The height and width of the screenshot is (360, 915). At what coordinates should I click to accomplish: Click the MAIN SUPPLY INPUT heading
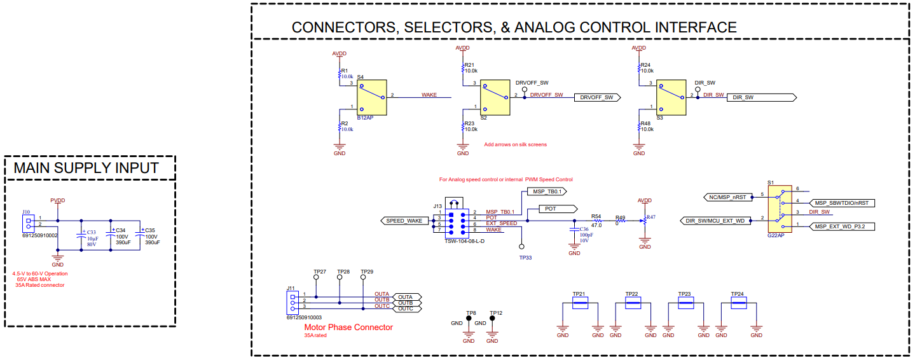click(86, 168)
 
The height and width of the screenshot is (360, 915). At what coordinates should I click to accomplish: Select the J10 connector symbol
click(29, 222)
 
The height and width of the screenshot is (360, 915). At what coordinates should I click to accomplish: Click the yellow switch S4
click(372, 97)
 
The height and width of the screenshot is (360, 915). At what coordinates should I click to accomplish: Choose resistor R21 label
click(469, 65)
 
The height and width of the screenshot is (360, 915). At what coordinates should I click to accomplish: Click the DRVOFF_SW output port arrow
click(596, 97)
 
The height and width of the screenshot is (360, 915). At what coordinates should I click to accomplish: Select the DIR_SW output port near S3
click(760, 97)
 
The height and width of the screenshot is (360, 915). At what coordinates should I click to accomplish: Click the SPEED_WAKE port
click(404, 221)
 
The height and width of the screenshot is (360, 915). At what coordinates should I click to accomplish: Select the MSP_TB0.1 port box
click(546, 191)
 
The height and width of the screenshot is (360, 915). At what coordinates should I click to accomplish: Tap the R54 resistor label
click(596, 216)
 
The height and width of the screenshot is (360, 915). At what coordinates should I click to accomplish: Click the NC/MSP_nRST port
click(729, 197)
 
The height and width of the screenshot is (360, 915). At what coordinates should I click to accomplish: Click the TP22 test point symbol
click(632, 303)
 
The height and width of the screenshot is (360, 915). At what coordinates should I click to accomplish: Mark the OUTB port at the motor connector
click(406, 303)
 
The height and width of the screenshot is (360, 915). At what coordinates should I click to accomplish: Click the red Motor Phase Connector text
click(348, 328)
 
